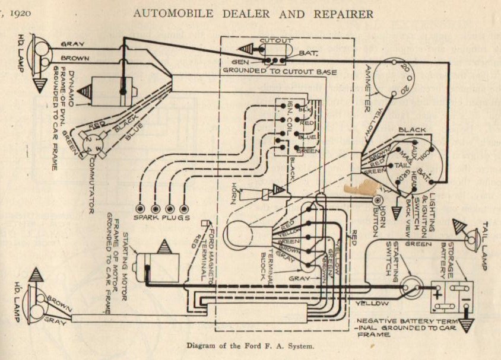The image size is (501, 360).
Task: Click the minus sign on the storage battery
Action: tap(466, 291)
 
